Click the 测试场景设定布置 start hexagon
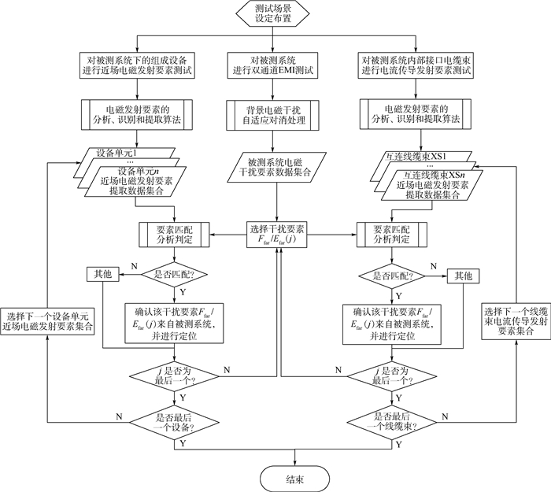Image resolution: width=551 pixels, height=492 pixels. point(275,15)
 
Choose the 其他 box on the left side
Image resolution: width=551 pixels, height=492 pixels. point(103,275)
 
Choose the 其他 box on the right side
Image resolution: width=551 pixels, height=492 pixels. point(462,276)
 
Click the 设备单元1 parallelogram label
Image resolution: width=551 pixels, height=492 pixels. point(116,152)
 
